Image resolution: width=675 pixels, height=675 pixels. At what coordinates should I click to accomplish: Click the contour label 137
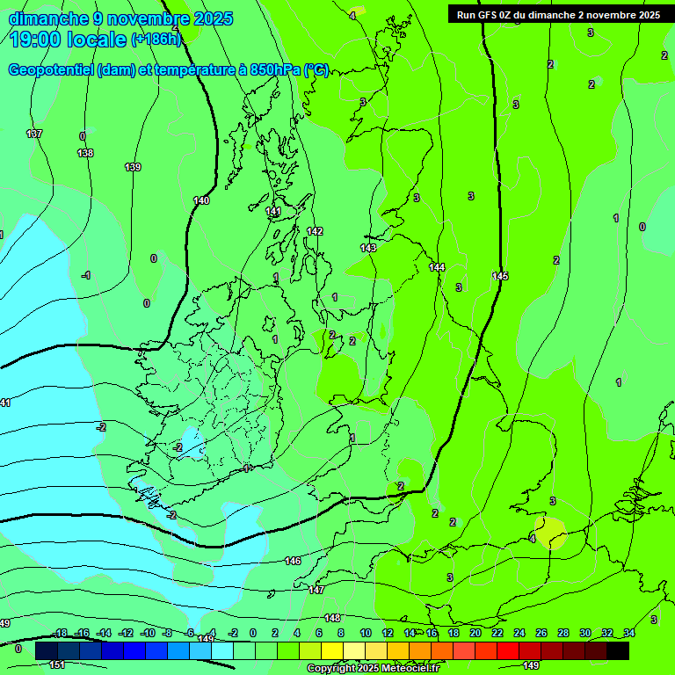coord(34,134)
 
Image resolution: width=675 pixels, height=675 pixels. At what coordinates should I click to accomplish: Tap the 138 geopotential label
coord(85,153)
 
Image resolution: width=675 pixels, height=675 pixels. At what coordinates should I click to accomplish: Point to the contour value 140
coord(201,200)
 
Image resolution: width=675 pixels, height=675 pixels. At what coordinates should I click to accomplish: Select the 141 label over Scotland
coord(273,212)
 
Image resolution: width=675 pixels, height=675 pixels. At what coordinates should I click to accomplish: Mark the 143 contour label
coord(368,248)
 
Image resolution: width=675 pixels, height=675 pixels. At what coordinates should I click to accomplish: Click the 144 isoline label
coord(437,267)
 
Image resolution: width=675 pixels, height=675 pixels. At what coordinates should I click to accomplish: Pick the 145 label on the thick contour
coord(500,276)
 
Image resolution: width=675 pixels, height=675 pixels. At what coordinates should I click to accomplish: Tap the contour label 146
coord(293,561)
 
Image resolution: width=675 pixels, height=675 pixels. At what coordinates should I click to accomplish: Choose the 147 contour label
coord(316,590)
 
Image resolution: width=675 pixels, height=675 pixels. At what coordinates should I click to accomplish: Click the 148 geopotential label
coord(332,618)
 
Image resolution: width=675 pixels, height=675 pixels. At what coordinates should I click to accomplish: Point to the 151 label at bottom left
coord(57,664)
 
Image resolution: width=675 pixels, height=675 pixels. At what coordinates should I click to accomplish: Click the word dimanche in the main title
coord(48,18)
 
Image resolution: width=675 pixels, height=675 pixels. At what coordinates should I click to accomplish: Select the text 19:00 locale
coord(68,39)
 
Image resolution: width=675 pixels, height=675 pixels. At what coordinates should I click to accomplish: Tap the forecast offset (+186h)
coord(156,40)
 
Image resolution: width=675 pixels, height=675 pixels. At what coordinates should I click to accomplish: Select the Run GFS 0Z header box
coord(558,15)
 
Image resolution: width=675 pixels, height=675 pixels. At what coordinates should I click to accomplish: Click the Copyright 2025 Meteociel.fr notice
coord(373,669)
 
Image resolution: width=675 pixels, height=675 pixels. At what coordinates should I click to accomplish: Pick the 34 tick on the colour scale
coord(629,633)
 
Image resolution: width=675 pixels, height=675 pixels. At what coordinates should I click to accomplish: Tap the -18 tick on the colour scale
coord(61,633)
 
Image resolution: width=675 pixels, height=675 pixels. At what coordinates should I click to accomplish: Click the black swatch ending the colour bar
coord(618,650)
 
